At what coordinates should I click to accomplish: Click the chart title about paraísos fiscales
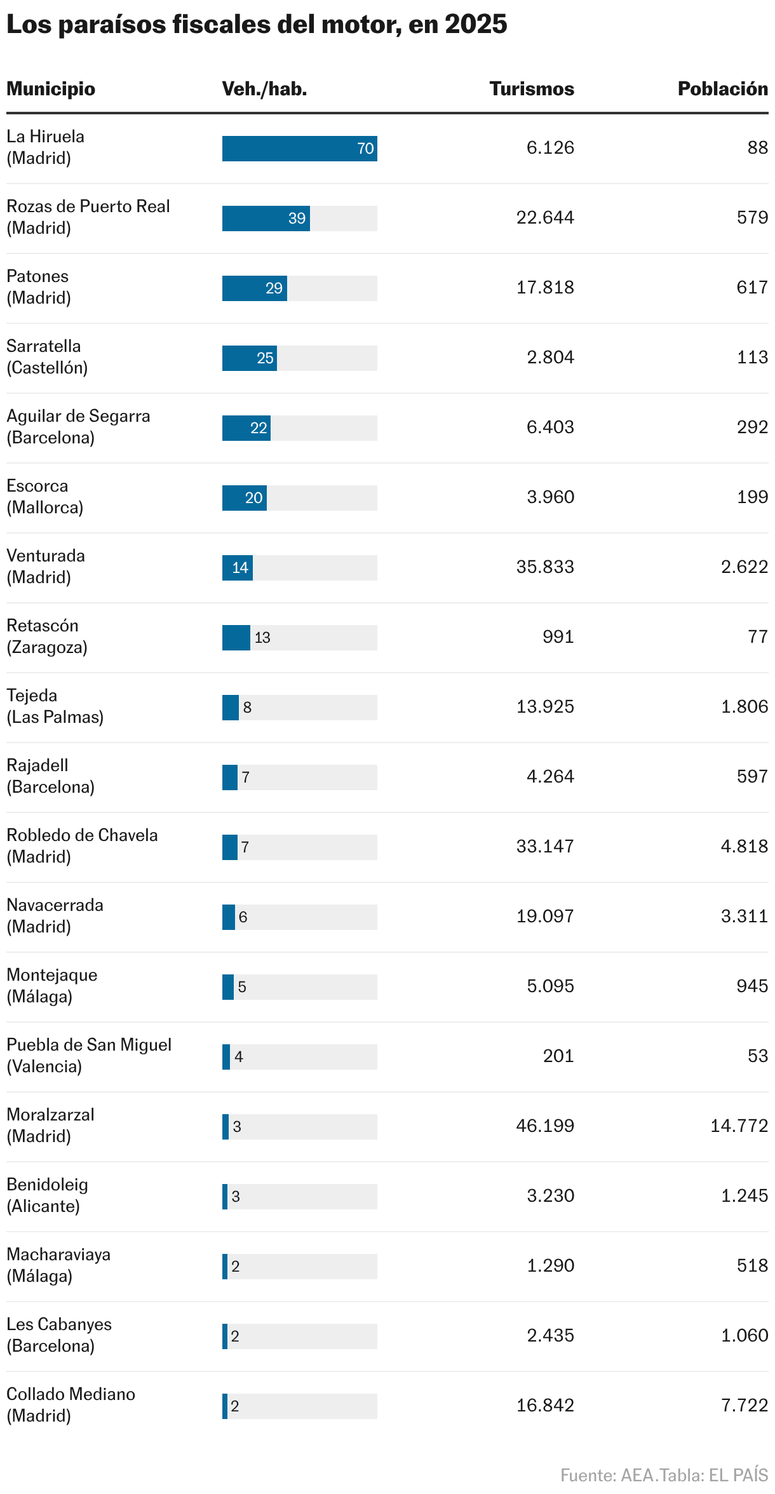click(257, 24)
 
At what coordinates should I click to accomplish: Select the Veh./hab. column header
click(264, 89)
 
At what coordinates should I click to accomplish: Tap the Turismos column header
click(532, 89)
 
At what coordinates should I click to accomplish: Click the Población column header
click(722, 89)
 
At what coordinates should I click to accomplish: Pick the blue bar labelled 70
click(299, 149)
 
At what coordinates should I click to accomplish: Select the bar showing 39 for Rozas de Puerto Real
click(266, 219)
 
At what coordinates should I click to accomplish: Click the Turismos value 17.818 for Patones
click(545, 288)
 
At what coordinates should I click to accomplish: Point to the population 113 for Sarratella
click(752, 358)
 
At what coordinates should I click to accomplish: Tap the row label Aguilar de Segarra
click(78, 417)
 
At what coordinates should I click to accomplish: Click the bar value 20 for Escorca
click(253, 498)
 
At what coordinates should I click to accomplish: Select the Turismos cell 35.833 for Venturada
click(545, 567)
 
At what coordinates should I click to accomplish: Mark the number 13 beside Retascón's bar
click(262, 638)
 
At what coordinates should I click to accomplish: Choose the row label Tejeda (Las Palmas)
click(55, 706)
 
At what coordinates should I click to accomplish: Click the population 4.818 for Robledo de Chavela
click(744, 847)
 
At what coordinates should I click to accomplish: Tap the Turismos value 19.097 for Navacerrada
click(545, 917)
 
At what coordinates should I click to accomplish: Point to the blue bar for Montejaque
click(228, 987)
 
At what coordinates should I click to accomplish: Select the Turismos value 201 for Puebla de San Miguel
click(558, 1056)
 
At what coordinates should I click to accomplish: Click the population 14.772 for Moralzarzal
click(739, 1126)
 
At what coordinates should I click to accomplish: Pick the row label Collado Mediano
click(71, 1394)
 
